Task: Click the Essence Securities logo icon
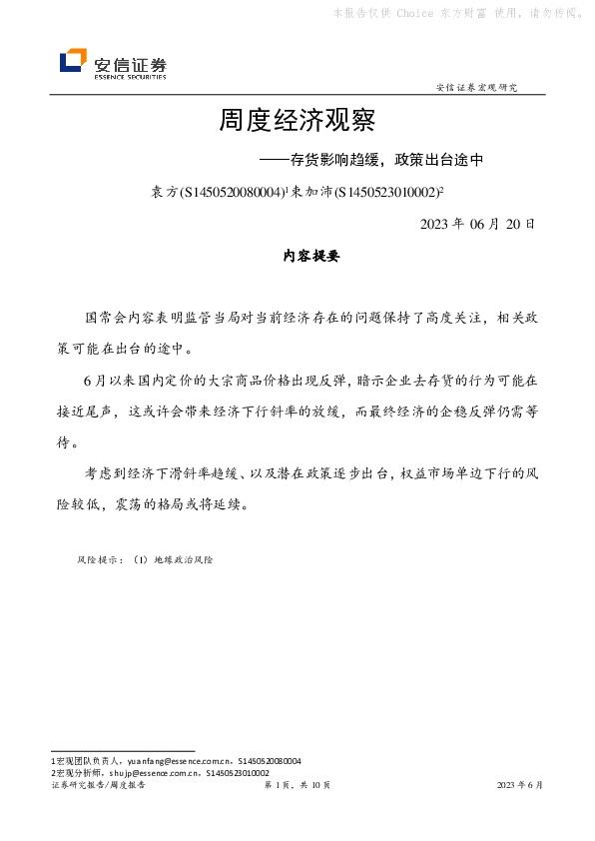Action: (73, 62)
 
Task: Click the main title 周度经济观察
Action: (297, 123)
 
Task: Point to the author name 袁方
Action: (163, 192)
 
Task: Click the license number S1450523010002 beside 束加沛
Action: (388, 192)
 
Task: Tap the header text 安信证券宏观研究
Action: (477, 88)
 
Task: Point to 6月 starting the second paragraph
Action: (95, 381)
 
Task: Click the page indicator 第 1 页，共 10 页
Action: (297, 786)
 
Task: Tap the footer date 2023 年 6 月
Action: (520, 786)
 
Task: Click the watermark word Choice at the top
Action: (414, 13)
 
